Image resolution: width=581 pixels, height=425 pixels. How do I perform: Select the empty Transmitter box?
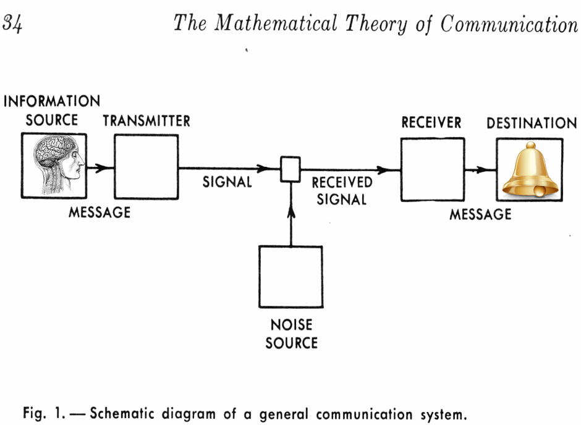146,167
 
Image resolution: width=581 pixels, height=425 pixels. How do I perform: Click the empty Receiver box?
432,169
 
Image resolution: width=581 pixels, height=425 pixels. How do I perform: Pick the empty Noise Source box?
290,277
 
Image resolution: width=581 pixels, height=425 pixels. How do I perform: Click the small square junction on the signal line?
290,169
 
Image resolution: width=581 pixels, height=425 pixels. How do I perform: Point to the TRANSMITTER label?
146,121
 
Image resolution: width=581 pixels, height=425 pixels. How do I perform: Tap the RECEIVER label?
431,122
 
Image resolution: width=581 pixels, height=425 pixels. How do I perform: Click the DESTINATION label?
532,124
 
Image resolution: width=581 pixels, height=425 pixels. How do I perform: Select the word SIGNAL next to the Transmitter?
227,182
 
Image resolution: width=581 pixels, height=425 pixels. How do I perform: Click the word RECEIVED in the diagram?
342,183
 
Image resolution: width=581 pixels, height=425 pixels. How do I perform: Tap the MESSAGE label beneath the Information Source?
100,212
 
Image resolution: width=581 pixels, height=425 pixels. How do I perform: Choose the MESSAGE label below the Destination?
480,214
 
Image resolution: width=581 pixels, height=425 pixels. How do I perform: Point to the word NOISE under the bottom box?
291,325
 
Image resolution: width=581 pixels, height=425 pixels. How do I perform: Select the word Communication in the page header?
508,23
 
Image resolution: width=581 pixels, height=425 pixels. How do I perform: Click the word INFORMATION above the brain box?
52,101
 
